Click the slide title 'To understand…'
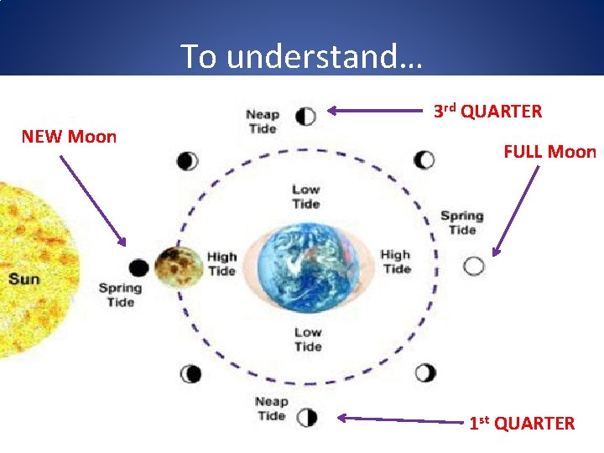(302, 56)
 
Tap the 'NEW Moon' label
(69, 136)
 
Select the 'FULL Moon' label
(549, 152)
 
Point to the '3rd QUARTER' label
(487, 111)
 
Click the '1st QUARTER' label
(522, 423)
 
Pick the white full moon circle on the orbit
(474, 266)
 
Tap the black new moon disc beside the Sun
(138, 268)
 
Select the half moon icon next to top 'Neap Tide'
(305, 116)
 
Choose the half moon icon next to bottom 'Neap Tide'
(307, 416)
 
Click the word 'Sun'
(24, 279)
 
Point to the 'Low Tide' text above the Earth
(306, 196)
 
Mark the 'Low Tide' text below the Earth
(308, 339)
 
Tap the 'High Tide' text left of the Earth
(221, 263)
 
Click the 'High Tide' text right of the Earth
(396, 261)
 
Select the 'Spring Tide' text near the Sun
(120, 294)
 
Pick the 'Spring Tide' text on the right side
(462, 222)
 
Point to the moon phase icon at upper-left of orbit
(188, 160)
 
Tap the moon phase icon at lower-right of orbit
(425, 372)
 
